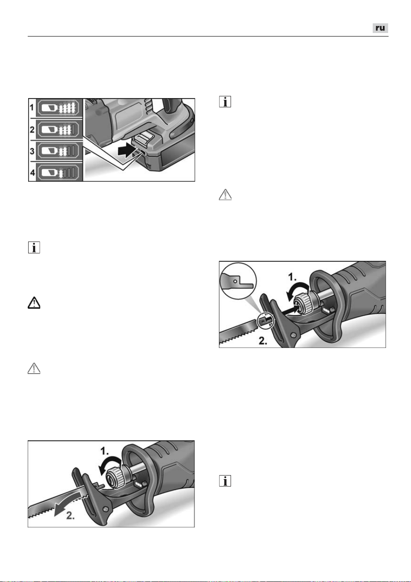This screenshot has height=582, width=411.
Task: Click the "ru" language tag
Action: [x=380, y=28]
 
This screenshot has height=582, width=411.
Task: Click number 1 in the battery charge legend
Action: [x=32, y=107]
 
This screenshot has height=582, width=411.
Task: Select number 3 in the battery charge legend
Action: [x=32, y=151]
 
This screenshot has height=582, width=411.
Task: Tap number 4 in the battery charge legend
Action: [x=32, y=172]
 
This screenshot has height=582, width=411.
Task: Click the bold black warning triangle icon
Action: [x=34, y=303]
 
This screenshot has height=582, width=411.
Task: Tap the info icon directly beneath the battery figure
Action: [x=34, y=247]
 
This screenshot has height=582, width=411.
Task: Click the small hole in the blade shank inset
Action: [x=235, y=281]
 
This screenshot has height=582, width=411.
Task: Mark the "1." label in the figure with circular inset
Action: [x=293, y=278]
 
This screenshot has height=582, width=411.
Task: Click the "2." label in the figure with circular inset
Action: [x=263, y=340]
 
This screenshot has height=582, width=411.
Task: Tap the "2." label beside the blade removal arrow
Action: [x=70, y=516]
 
